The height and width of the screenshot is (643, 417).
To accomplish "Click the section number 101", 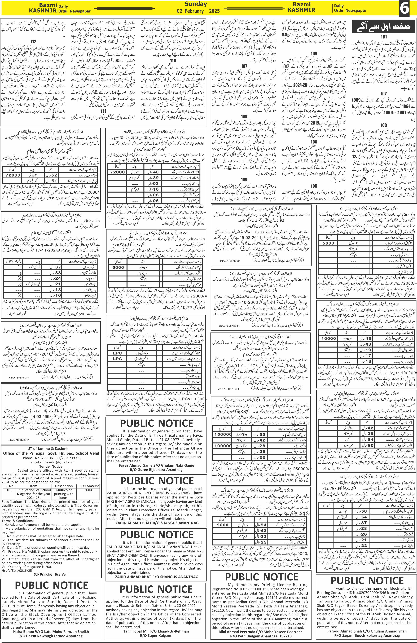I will (384, 37).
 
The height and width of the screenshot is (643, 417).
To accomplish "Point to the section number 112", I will (33, 42).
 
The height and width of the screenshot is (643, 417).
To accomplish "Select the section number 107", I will (244, 66).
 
